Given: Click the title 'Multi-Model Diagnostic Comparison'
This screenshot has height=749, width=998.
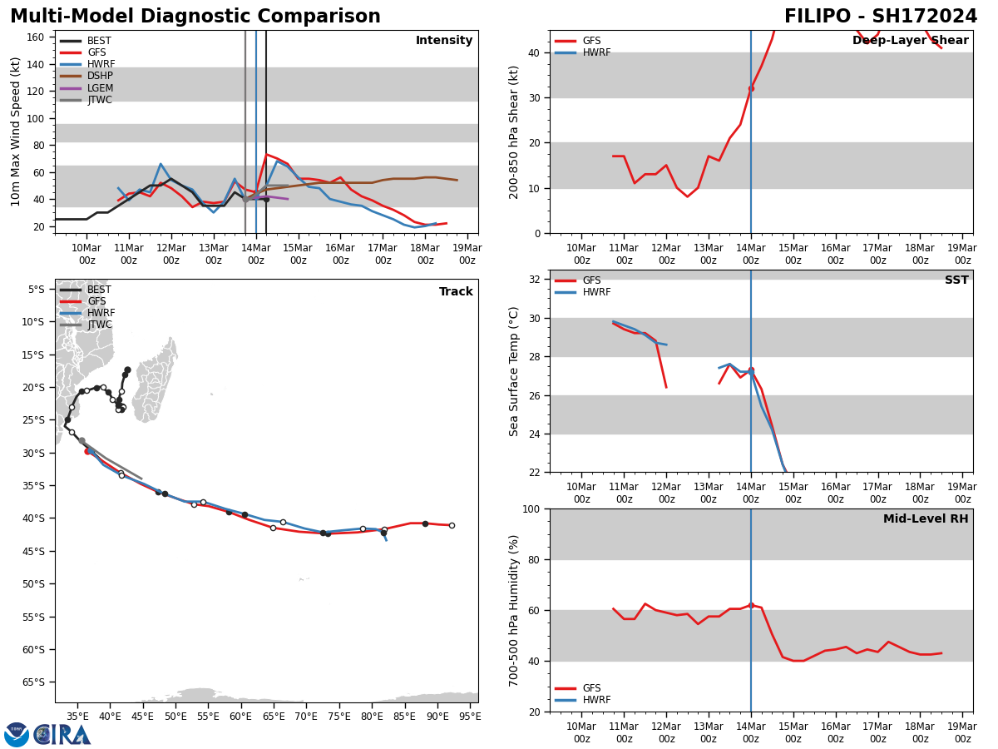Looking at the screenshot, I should pyautogui.click(x=195, y=17).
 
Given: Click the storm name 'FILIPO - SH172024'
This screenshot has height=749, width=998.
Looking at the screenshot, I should pyautogui.click(x=881, y=17).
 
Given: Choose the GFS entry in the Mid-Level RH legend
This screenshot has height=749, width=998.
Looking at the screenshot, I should pyautogui.click(x=591, y=688).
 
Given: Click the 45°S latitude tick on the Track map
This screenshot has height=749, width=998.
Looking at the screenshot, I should pyautogui.click(x=37, y=551).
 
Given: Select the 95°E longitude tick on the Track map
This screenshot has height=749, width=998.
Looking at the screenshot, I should pyautogui.click(x=470, y=715).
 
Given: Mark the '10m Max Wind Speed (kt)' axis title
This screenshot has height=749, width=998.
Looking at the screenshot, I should pyautogui.click(x=15, y=131).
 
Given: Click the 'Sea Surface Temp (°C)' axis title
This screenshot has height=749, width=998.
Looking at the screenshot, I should pyautogui.click(x=514, y=371).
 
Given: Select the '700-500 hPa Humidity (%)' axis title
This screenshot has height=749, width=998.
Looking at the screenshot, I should pyautogui.click(x=514, y=610).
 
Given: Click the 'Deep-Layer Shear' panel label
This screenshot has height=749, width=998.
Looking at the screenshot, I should pyautogui.click(x=910, y=41).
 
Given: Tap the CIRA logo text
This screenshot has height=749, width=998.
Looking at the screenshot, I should pyautogui.click(x=62, y=734).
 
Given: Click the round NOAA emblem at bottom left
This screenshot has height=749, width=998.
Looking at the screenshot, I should pyautogui.click(x=16, y=734).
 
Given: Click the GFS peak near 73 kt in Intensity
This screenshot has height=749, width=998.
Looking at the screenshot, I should pyautogui.click(x=266, y=155).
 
